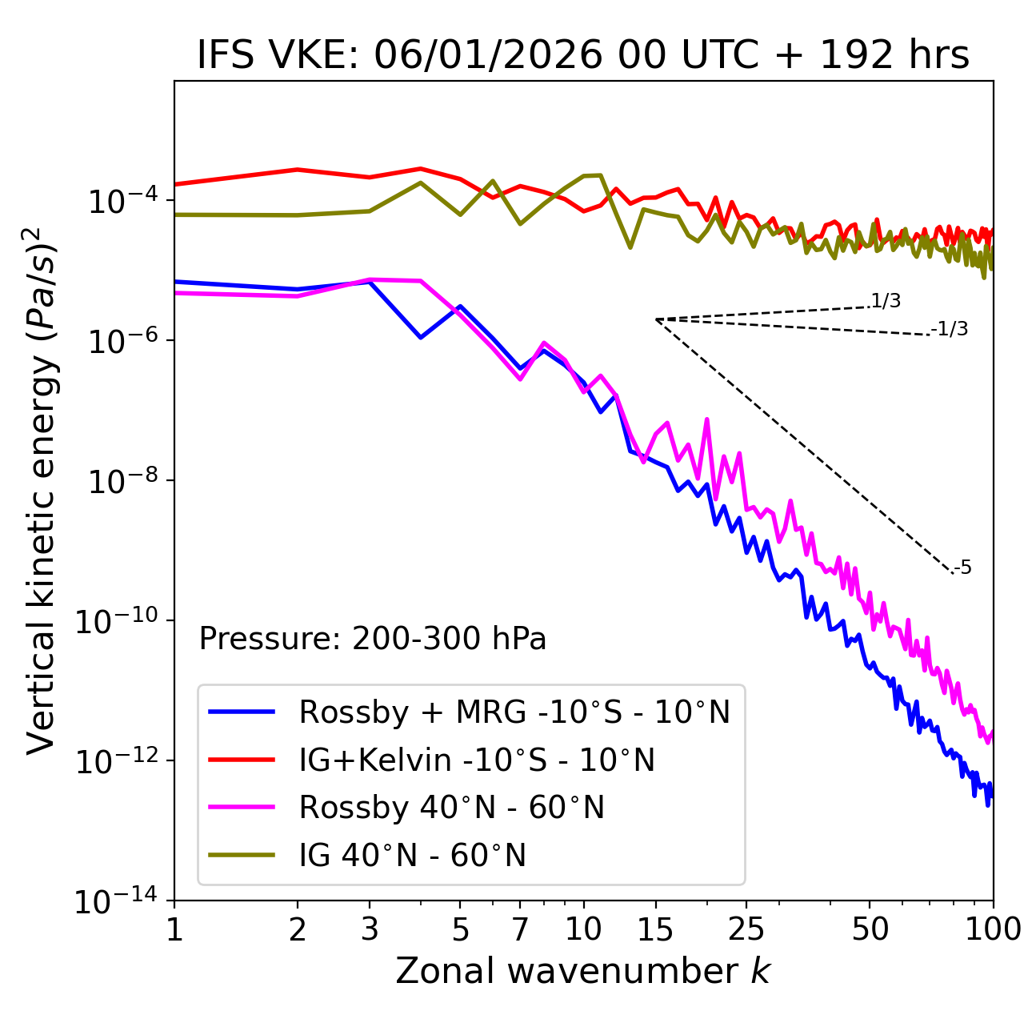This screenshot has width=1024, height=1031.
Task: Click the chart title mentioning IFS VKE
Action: [583, 55]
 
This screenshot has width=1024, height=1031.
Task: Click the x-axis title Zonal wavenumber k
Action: [583, 970]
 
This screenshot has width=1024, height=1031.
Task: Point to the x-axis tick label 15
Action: [656, 929]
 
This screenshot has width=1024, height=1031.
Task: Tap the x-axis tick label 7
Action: [520, 929]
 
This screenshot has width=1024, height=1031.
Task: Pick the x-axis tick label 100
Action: [992, 929]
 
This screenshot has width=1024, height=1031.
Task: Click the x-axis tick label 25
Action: [746, 929]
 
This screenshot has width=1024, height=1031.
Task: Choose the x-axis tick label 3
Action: [370, 929]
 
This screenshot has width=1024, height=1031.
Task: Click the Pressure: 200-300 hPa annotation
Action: [372, 639]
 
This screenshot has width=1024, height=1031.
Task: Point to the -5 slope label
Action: [963, 568]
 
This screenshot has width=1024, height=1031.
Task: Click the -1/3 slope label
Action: [950, 328]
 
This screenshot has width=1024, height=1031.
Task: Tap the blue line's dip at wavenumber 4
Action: [421, 338]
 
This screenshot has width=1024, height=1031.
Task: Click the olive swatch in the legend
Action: [242, 856]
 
